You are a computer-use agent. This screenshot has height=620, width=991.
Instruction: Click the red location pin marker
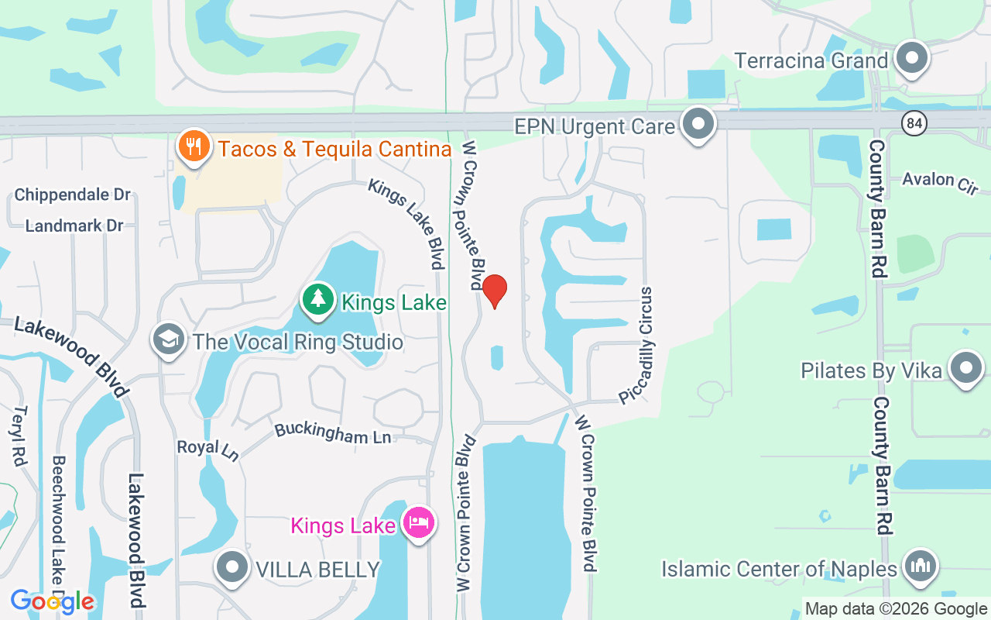tap(495, 291)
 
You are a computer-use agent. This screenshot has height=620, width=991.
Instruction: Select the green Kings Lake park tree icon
tap(317, 300)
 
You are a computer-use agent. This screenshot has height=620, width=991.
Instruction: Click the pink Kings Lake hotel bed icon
tap(419, 523)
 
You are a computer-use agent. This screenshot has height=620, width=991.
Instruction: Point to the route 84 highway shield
tap(914, 122)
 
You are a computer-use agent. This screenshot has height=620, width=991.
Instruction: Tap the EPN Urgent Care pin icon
tap(699, 124)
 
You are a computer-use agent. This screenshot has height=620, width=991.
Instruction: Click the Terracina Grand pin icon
tap(911, 58)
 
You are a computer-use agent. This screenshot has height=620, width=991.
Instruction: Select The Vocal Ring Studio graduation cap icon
tap(169, 339)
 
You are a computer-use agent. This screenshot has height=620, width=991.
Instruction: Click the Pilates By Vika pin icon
tap(965, 369)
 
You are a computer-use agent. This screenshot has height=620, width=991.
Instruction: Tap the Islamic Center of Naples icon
tap(921, 566)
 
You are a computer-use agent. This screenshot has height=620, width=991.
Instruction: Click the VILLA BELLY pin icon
tap(232, 568)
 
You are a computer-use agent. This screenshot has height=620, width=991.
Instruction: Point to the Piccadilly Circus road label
tap(637, 345)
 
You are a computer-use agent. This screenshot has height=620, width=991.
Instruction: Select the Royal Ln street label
tap(207, 449)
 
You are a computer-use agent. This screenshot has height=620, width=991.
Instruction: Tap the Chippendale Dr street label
tap(73, 195)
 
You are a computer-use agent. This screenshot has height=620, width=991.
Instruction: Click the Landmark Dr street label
tap(74, 226)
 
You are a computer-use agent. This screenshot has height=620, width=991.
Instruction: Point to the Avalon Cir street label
tap(940, 182)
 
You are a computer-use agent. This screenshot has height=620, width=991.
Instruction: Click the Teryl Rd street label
tap(20, 436)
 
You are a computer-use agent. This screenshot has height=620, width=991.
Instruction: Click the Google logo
tap(53, 601)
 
